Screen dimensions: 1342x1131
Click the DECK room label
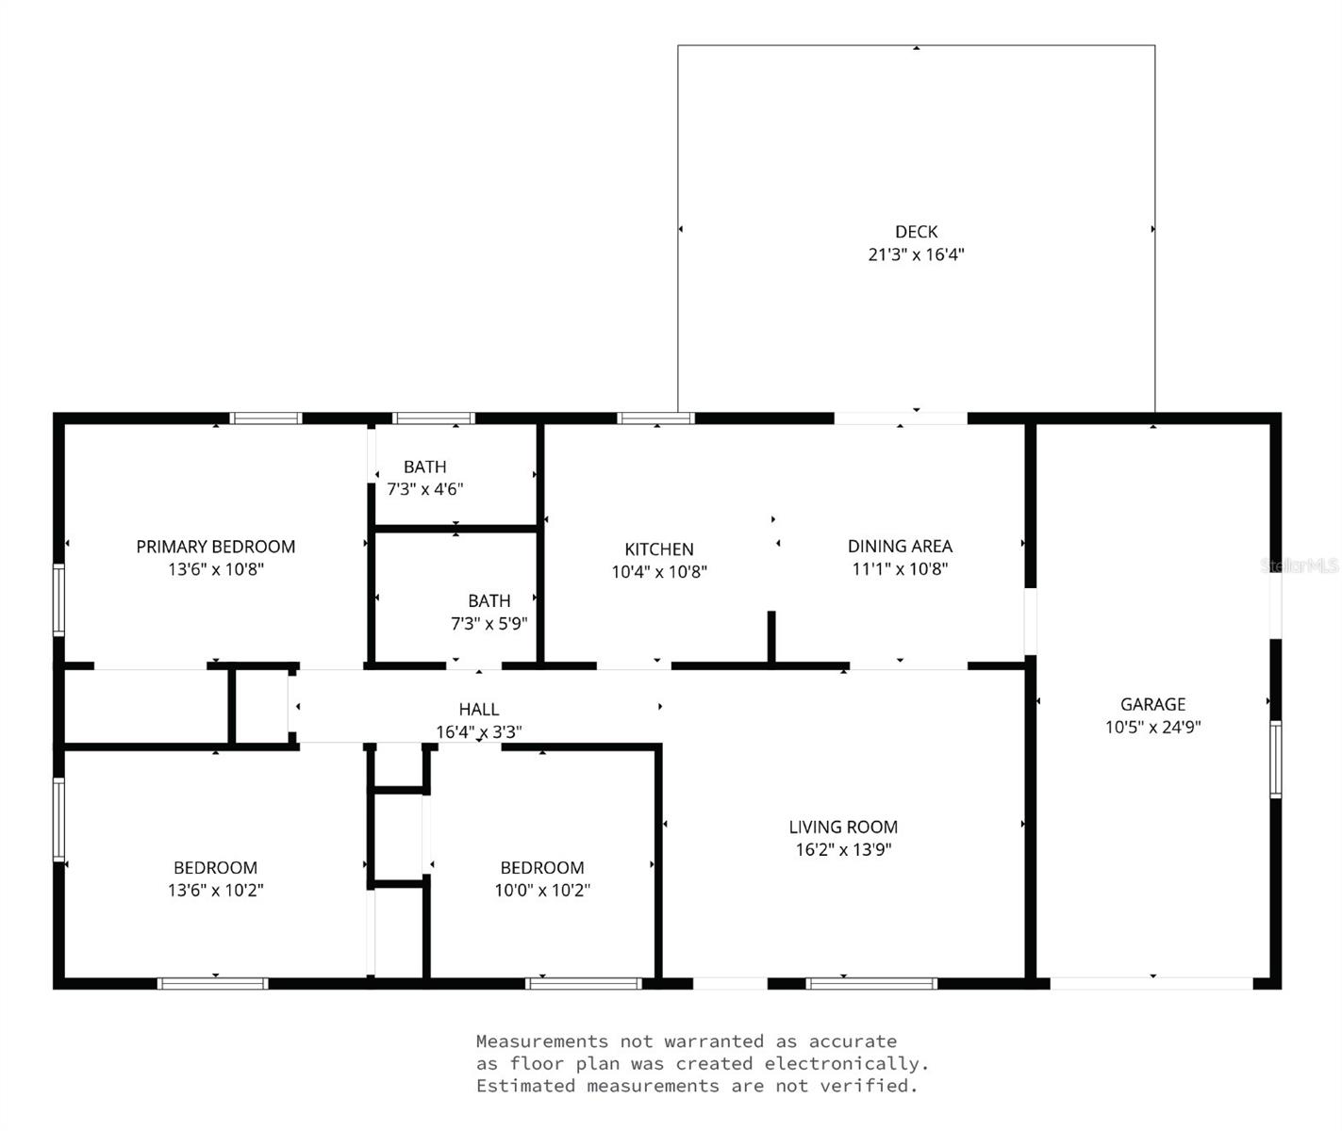[x=916, y=231]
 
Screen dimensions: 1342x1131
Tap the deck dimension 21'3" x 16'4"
[x=916, y=254]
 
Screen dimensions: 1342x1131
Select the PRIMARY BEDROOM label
[x=215, y=547]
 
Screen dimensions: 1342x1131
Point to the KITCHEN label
[x=659, y=549]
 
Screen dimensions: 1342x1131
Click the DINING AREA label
[x=900, y=546]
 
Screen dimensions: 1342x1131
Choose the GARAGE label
[x=1153, y=704]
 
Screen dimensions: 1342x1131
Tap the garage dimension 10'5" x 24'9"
[x=1153, y=727]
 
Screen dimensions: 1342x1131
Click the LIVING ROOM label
[x=843, y=827]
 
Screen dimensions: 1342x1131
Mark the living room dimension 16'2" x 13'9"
[x=843, y=850]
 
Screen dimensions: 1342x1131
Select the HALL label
[x=479, y=709]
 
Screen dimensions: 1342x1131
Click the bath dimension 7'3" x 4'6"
[x=424, y=489]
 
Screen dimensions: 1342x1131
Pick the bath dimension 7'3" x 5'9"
[x=489, y=624]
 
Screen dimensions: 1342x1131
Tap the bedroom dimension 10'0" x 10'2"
[x=542, y=890]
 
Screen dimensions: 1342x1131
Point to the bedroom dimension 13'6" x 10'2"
[x=215, y=890]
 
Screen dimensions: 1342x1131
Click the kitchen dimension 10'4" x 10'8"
[x=659, y=571]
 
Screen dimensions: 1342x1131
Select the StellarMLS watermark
[x=1300, y=565]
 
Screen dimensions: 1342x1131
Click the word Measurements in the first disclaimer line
[x=542, y=1041]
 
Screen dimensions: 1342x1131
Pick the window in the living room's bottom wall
[x=871, y=983]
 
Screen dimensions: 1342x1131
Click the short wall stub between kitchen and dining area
[x=771, y=636]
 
